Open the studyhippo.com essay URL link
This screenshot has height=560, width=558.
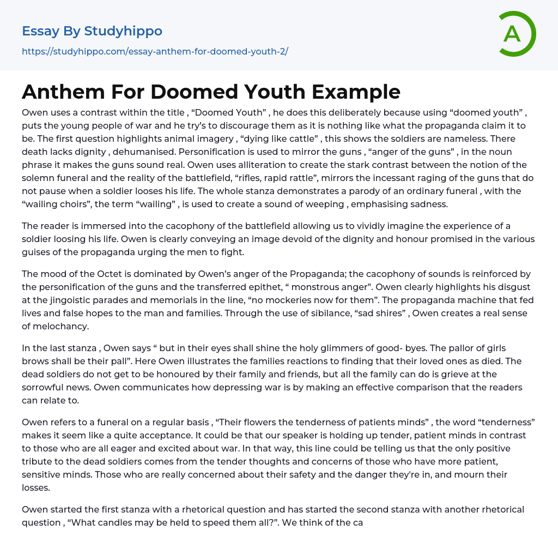click(x=155, y=51)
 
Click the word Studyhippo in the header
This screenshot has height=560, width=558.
click(x=123, y=31)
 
